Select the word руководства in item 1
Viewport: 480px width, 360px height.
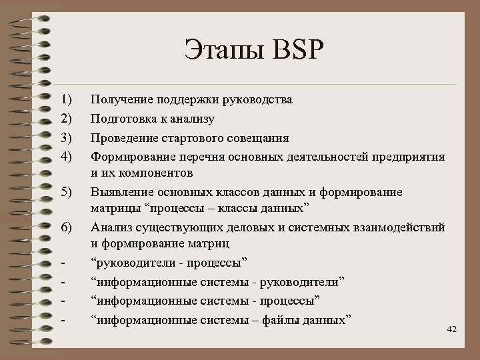255,100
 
